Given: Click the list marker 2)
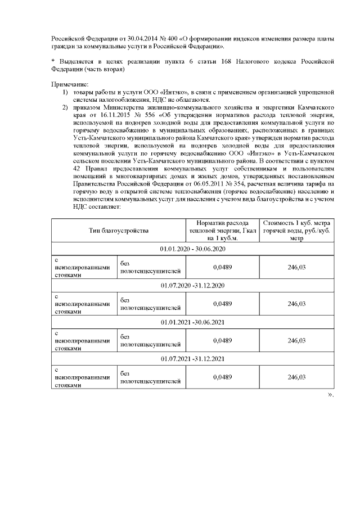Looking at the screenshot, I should click(x=66, y=107).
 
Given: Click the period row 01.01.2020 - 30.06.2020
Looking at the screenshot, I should click(x=192, y=249).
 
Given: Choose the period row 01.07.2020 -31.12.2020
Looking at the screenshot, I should click(x=192, y=285).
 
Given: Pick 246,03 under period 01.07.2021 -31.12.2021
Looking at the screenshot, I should click(x=296, y=377).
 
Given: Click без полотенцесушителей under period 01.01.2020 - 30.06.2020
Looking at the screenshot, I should click(x=150, y=267).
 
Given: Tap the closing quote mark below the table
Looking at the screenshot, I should click(x=331, y=394).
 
